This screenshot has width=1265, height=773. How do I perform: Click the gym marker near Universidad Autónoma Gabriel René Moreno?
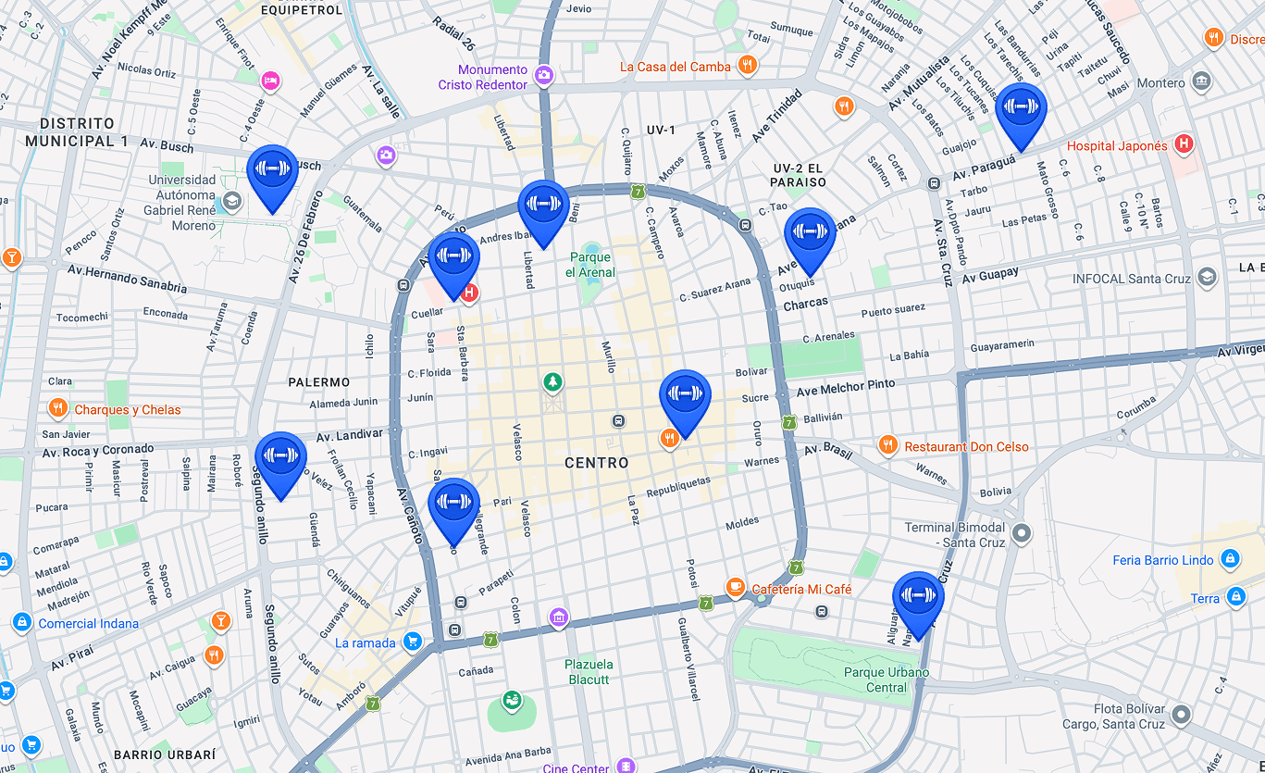tap(273, 169)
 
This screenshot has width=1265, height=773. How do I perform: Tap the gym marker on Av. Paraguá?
tap(1021, 107)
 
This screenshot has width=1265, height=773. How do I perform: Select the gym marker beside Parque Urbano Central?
tap(918, 596)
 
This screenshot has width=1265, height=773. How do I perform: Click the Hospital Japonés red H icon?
tap(1182, 144)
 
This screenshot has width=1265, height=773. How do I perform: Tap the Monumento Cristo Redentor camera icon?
tap(544, 75)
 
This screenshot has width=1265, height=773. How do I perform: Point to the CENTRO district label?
tap(596, 463)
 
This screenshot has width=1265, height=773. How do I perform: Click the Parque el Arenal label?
tap(589, 265)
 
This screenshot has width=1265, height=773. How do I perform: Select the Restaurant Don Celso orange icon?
tap(887, 446)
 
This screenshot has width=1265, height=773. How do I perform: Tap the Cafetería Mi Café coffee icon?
tap(735, 588)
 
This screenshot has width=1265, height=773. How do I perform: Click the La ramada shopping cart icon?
tap(413, 642)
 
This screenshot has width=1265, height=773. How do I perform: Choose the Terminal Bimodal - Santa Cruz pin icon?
tap(1022, 533)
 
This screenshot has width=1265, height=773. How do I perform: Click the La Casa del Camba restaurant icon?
tap(749, 66)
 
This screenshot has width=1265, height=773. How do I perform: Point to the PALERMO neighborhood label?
tap(318, 382)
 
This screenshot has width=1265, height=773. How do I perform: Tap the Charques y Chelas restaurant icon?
tap(57, 409)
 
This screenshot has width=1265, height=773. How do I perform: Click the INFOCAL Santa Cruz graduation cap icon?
tap(1207, 278)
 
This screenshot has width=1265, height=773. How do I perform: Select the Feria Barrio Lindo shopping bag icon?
tap(1229, 559)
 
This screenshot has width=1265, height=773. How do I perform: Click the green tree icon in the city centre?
tap(552, 381)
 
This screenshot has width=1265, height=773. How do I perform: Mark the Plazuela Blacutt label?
tap(589, 672)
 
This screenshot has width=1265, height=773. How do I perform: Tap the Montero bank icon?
tap(1201, 81)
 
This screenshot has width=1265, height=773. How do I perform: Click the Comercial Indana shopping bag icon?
tap(22, 623)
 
